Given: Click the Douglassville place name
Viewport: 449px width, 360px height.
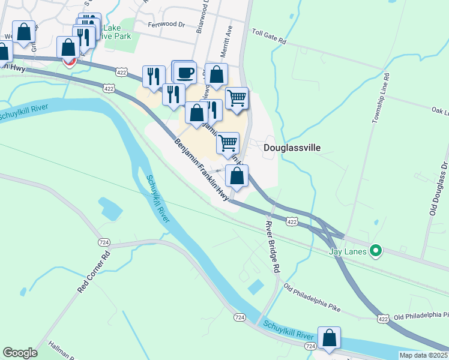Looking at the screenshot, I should (x=292, y=148).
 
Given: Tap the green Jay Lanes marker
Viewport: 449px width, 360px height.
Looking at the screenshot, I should (x=376, y=250).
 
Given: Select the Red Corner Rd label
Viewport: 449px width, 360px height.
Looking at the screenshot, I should (x=95, y=272).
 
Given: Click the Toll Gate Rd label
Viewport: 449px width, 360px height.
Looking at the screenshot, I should (x=270, y=37).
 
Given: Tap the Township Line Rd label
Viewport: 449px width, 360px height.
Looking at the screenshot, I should (x=381, y=98).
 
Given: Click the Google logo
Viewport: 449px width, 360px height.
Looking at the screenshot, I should (x=20, y=353).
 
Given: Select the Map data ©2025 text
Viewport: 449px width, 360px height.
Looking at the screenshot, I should (x=423, y=355).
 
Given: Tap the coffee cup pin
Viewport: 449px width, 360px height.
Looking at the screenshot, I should (x=185, y=73).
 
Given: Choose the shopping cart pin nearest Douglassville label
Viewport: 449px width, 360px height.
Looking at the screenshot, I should (x=228, y=143).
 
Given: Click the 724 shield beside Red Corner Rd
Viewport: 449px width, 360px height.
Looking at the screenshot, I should (x=104, y=241).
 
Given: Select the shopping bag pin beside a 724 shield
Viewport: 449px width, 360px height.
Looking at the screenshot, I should (x=330, y=338).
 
